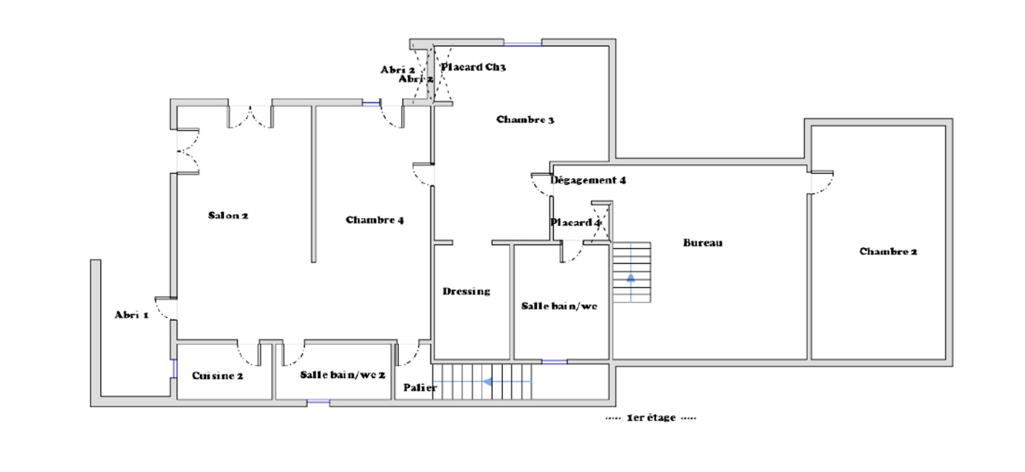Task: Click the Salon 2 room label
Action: click(x=228, y=216)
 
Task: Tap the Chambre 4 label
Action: click(x=375, y=220)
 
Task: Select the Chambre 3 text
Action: click(x=525, y=120)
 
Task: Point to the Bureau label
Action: click(x=703, y=243)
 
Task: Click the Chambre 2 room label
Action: click(x=889, y=251)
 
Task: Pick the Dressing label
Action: click(x=467, y=292)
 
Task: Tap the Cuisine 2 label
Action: click(x=217, y=376)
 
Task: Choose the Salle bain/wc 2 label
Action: click(x=343, y=375)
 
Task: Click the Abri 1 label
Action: click(x=132, y=315)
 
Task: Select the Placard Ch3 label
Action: click(x=474, y=67)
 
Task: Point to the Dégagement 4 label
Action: click(x=588, y=180)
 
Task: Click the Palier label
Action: click(x=420, y=388)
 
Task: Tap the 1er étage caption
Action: click(x=651, y=418)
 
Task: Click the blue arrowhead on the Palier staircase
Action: click(x=487, y=382)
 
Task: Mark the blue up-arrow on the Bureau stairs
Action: click(x=631, y=278)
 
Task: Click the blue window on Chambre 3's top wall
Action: click(x=523, y=44)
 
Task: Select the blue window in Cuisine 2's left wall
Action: click(x=174, y=368)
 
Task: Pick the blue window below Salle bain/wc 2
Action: click(x=318, y=402)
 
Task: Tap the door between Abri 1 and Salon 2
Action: click(x=166, y=307)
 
